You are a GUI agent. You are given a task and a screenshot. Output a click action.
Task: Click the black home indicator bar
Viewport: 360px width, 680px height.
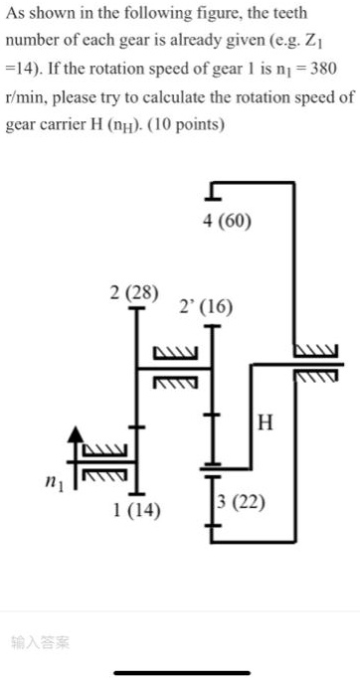point(180,673)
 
